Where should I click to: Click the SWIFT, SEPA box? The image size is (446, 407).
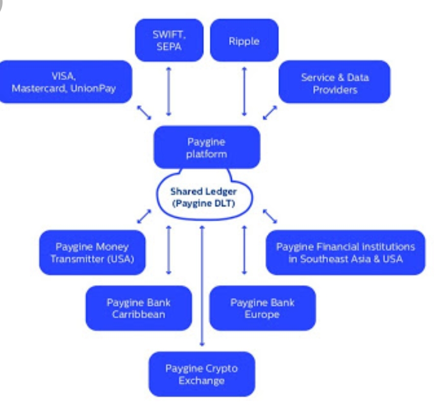[168, 40]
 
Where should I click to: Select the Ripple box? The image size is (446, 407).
[244, 40]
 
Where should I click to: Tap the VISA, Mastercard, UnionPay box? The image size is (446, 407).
[66, 82]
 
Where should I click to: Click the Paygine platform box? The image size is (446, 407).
[207, 147]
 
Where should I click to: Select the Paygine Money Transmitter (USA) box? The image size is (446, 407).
[92, 252]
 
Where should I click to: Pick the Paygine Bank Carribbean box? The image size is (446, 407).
[138, 308]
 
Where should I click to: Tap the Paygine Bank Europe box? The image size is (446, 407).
[262, 308]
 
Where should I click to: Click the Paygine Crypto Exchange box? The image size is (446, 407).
[202, 374]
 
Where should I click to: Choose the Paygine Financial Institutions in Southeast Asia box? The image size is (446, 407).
[345, 252]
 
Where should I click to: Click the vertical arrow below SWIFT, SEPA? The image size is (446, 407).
[168, 91]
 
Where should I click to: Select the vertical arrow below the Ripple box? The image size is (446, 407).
[244, 91]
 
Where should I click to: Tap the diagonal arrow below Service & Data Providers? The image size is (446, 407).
[270, 113]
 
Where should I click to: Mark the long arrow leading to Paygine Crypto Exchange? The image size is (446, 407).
[202, 286]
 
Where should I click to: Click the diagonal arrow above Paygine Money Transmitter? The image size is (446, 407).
[144, 216]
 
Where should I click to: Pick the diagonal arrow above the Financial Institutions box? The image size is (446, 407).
[270, 216]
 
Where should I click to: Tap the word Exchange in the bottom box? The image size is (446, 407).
[202, 380]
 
